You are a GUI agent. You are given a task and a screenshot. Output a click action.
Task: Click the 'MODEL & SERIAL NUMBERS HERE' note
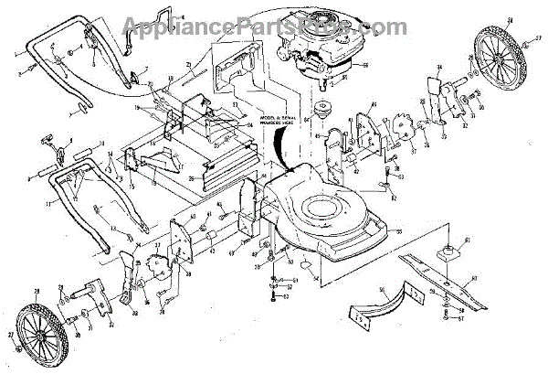[284, 123]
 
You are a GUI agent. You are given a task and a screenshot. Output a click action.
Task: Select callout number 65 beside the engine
[364, 65]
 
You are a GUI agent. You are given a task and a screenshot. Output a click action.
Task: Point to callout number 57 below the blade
[461, 319]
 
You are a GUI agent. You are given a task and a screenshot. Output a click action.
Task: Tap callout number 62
[393, 198]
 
